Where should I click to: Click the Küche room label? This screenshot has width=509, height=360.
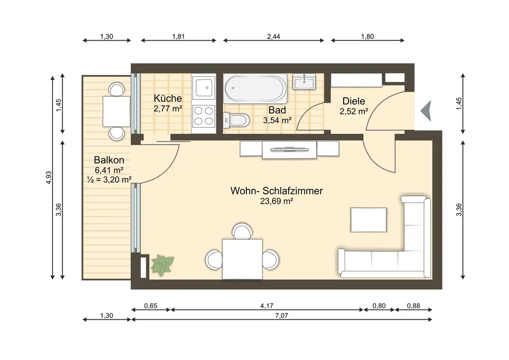[168, 98]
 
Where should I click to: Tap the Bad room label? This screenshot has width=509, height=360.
[277, 110]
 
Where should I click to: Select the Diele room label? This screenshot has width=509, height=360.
[354, 101]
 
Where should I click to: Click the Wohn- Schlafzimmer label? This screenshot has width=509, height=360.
[276, 190]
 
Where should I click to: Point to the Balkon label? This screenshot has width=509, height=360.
[109, 160]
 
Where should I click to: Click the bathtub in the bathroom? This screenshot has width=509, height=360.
[256, 88]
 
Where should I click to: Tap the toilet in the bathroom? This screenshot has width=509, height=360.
[237, 120]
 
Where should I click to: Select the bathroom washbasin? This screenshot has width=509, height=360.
[304, 81]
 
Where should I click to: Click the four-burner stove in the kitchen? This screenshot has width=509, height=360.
[204, 116]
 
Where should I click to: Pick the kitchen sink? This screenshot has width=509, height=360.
[204, 87]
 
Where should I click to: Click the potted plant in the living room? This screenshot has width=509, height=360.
[162, 265]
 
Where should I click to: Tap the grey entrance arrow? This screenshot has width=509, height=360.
[426, 110]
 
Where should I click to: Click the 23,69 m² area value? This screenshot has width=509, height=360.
[276, 201]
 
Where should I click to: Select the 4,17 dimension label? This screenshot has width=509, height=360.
[267, 306]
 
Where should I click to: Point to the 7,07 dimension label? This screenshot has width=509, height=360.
[281, 316]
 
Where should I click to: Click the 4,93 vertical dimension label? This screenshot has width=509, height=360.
[49, 178]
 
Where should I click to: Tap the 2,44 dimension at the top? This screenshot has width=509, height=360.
[274, 36]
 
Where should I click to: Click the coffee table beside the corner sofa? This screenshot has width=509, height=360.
[369, 220]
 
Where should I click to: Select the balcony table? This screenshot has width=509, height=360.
[116, 112]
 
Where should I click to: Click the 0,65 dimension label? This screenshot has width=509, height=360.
[151, 306]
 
